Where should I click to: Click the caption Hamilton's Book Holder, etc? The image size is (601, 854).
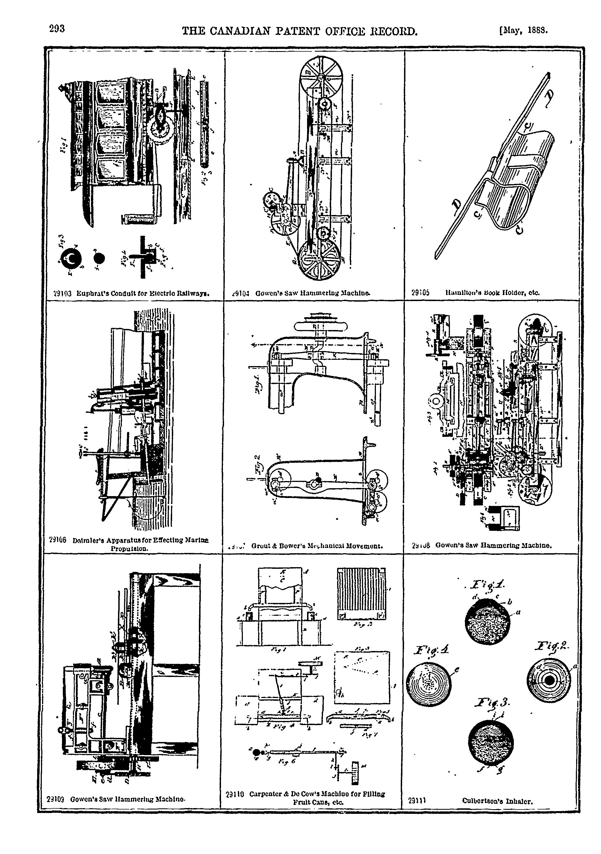point(492,293)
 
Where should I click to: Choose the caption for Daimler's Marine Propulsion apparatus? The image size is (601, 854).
point(141,543)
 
